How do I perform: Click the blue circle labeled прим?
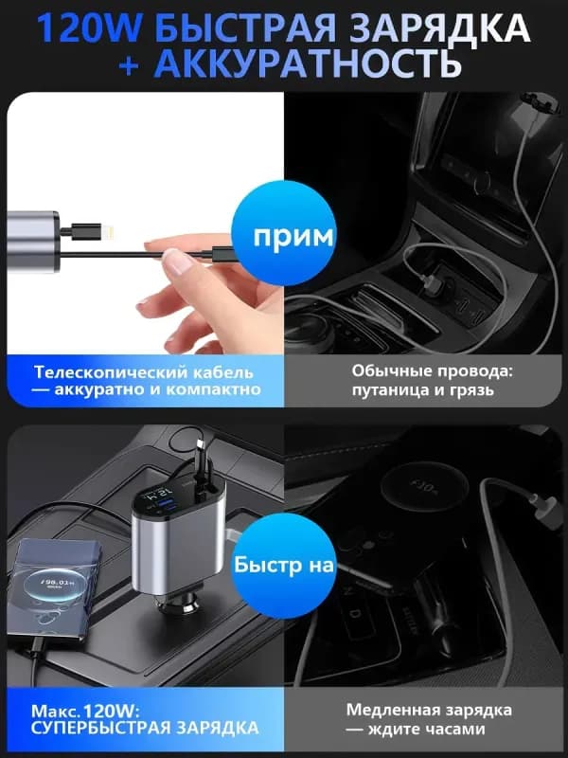pos(284,234)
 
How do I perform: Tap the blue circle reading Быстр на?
pos(284,566)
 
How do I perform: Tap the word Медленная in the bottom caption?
pos(389,710)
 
